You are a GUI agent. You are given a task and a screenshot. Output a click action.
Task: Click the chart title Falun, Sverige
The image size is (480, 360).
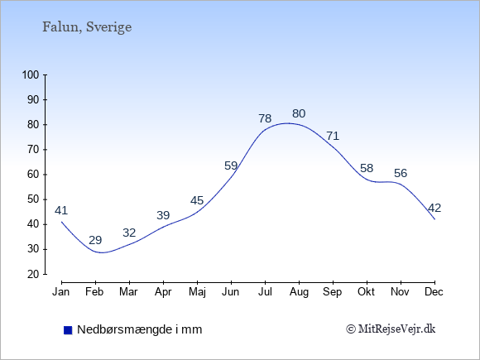pyautogui.click(x=87, y=27)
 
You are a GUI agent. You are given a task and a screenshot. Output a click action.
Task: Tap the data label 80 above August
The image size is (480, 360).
pyautogui.click(x=299, y=113)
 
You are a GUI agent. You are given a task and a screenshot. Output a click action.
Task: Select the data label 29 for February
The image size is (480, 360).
pyautogui.click(x=95, y=240)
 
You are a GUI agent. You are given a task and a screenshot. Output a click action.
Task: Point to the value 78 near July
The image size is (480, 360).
pyautogui.click(x=265, y=118)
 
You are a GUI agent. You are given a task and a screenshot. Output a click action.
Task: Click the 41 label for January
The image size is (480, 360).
pyautogui.click(x=61, y=210)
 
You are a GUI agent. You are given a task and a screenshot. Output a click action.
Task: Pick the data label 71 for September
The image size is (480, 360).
pyautogui.click(x=333, y=136)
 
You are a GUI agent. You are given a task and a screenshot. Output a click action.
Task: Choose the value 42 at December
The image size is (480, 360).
pyautogui.click(x=434, y=208)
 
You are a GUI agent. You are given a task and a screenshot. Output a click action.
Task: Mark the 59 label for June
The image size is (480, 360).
pyautogui.click(x=231, y=166)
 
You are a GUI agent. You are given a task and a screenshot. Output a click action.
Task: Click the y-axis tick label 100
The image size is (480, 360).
pyautogui.click(x=31, y=74)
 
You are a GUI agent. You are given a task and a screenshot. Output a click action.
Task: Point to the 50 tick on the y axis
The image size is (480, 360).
pyautogui.click(x=33, y=199)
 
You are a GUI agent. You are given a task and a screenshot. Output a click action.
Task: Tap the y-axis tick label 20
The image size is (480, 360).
pyautogui.click(x=33, y=274)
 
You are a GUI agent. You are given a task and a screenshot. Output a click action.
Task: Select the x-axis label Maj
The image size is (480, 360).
pyautogui.click(x=197, y=292)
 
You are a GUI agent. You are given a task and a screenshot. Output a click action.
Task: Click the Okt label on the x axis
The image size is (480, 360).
pyautogui.click(x=367, y=292)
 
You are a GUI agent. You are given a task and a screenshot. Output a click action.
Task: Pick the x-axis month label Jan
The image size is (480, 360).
pyautogui.click(x=61, y=292)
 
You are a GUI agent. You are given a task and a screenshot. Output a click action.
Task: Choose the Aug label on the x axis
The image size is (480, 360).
pyautogui.click(x=299, y=292)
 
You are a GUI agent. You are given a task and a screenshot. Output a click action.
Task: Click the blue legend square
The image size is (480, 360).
pyautogui.click(x=68, y=330)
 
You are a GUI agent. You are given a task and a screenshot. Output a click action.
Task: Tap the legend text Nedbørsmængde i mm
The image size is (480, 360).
pyautogui.click(x=140, y=329)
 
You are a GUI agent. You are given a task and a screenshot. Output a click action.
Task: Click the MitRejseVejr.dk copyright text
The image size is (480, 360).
pyautogui.click(x=391, y=329)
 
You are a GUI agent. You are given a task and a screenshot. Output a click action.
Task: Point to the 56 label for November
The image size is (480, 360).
pyautogui.click(x=401, y=173)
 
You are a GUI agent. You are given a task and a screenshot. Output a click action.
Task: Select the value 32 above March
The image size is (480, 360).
pyautogui.click(x=129, y=233)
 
